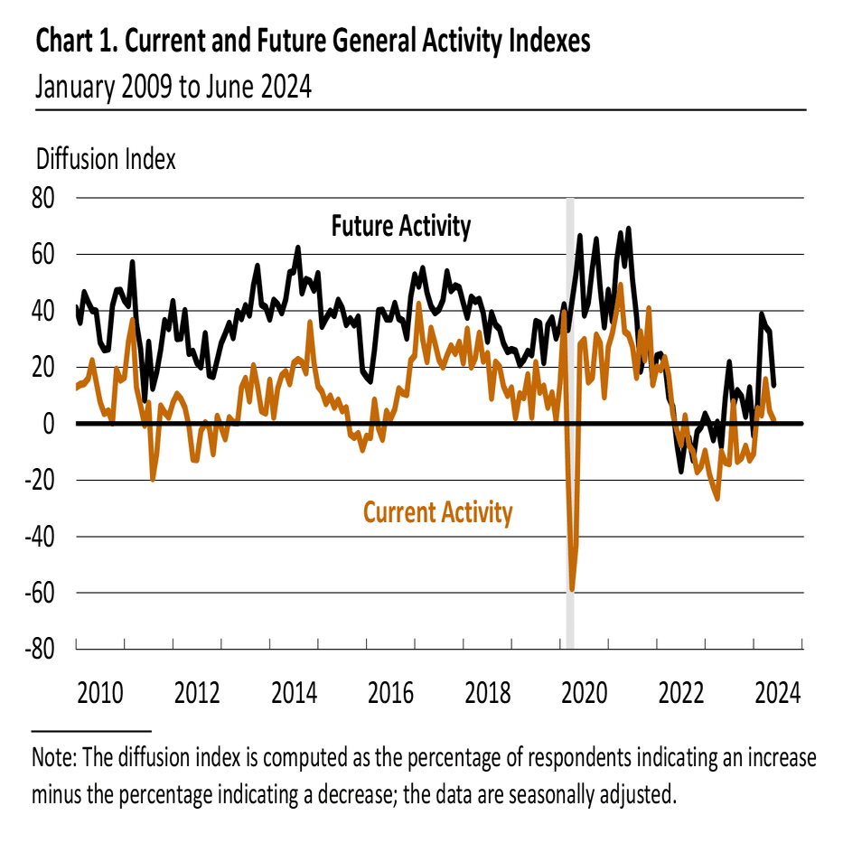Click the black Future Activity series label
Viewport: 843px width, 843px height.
400,225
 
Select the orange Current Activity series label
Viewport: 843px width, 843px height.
437,513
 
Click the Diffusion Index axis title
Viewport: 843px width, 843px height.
105,159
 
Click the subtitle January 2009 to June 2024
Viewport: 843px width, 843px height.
173,88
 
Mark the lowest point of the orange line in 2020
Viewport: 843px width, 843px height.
572,590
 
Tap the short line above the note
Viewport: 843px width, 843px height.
90,730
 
